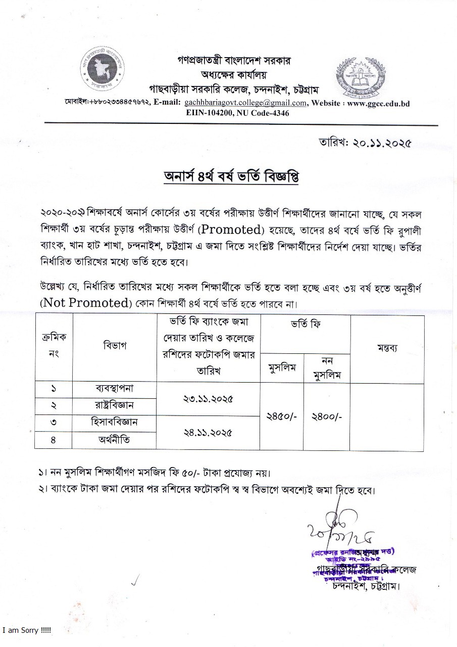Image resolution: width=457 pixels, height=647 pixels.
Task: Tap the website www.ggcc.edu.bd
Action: click(x=378, y=103)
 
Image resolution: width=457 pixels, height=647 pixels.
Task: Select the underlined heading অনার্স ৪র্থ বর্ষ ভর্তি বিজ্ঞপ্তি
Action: click(x=228, y=178)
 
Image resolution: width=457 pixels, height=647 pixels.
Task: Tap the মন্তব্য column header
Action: click(x=387, y=347)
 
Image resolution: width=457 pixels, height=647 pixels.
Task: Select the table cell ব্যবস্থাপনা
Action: click(x=114, y=389)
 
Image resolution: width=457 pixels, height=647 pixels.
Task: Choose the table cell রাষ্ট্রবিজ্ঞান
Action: click(x=114, y=405)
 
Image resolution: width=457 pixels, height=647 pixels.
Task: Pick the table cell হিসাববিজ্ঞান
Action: click(x=114, y=423)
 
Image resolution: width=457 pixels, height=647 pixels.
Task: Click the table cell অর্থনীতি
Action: click(x=114, y=440)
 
